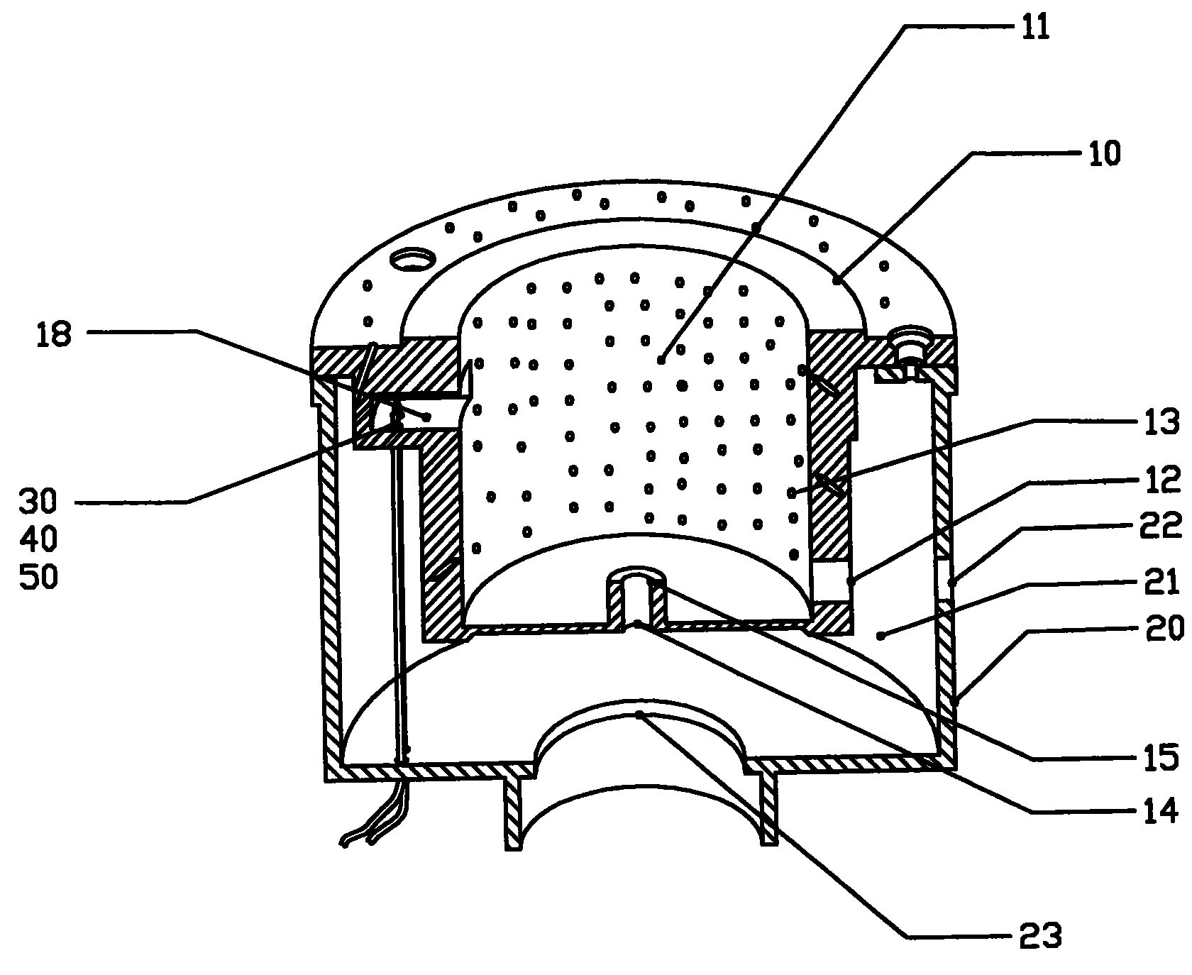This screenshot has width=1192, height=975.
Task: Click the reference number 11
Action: pos(1035,28)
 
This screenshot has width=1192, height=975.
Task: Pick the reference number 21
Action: pos(1161,583)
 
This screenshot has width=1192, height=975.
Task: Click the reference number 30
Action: pos(38,503)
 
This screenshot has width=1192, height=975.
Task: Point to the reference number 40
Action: pos(38,541)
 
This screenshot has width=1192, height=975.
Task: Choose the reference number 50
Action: pos(38,578)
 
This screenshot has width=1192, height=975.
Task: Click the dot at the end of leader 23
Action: pos(639,714)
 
